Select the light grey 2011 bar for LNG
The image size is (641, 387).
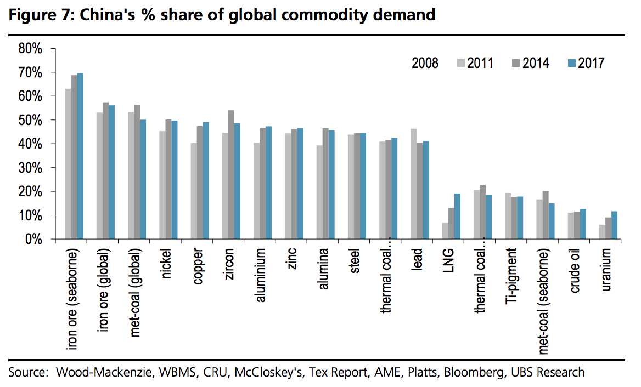(445, 231)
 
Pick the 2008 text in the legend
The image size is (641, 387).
(425, 63)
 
